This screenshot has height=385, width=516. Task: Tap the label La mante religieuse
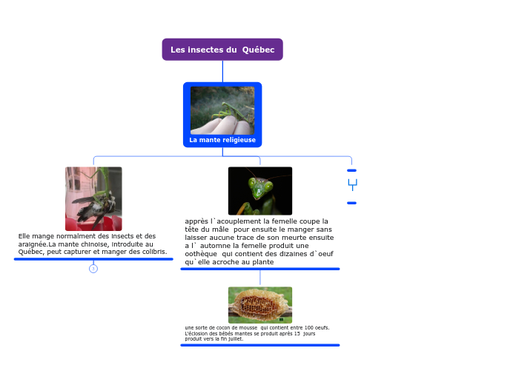coord(222,140)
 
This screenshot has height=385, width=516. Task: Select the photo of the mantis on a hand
coord(222,110)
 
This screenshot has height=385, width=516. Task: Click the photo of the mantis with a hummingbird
coord(93,198)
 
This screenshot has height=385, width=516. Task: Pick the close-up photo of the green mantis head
coord(260,190)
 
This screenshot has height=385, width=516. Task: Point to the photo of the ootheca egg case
coord(260,305)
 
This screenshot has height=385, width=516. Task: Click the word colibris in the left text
coord(152,252)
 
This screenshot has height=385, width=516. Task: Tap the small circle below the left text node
coord(93,269)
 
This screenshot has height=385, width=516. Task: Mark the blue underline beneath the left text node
coord(93,260)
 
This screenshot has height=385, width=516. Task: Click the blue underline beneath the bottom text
coord(260,345)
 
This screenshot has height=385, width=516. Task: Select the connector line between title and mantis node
coord(222,71)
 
